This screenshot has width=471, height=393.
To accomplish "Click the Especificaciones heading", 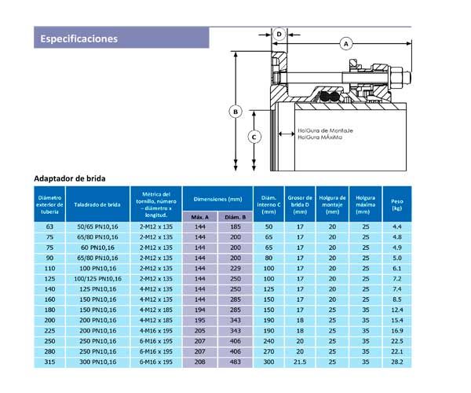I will coord(79,39).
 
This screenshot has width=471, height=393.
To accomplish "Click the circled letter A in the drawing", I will coord(345,44).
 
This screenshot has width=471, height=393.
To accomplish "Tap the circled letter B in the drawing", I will coord(235,112).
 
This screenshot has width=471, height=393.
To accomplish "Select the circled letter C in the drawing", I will coord(254,137).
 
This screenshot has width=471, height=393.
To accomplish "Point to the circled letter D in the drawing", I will coord(279,34).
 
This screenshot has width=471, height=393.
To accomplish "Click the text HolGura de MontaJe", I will coord(324,130).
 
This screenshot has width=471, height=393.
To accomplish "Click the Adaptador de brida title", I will coord(71,178).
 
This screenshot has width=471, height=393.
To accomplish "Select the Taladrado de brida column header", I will coord(97,204).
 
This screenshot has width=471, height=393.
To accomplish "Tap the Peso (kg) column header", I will coord(397,204).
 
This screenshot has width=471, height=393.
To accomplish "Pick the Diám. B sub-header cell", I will coord(235,215).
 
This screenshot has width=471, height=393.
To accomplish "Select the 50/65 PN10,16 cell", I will coord(97,226).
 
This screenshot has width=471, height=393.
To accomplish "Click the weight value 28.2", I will coord(397,363).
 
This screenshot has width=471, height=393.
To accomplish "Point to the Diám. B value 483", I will coord(235,363).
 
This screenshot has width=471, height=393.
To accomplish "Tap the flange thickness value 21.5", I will coord(299,363).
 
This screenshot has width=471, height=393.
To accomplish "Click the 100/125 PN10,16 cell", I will coord(97,279).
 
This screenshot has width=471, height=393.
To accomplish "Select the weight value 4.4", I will coord(397,226).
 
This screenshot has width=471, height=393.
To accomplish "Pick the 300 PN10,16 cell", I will coord(97,363).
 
